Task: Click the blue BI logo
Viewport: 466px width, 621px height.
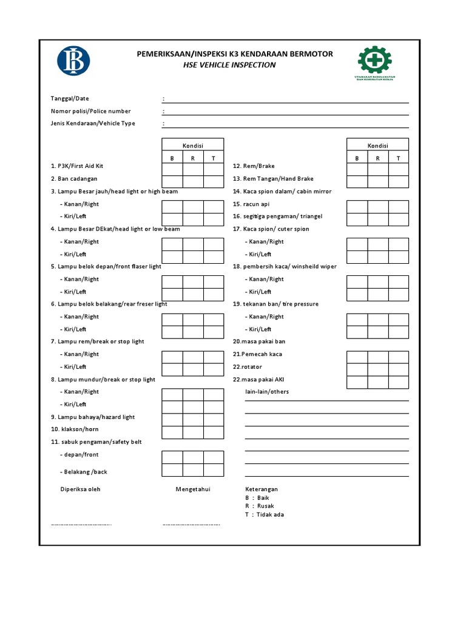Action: point(73,61)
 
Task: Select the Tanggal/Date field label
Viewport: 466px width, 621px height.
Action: point(70,99)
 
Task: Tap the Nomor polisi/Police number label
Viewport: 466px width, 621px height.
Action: point(90,111)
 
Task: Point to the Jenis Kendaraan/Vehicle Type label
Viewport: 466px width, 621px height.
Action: point(93,124)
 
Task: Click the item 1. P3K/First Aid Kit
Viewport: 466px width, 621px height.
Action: point(77,166)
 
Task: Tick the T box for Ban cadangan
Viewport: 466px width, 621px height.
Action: point(214,181)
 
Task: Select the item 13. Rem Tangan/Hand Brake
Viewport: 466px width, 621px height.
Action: point(273,179)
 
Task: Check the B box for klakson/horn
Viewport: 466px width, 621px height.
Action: point(172,432)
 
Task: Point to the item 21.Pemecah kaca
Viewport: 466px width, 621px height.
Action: point(257,354)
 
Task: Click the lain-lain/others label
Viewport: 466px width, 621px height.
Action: point(267,392)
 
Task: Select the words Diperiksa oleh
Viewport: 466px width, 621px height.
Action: point(80,489)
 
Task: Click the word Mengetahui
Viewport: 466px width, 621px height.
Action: point(193,489)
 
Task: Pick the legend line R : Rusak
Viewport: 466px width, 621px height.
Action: point(260,506)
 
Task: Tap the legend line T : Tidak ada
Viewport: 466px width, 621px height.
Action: point(265,515)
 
